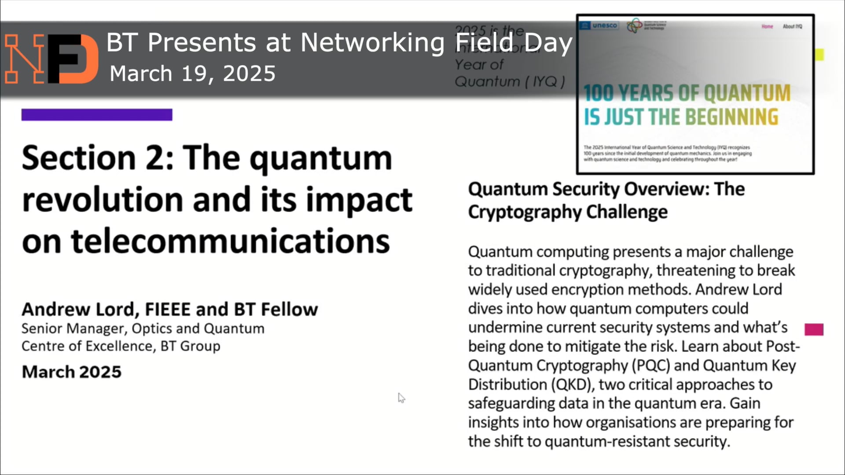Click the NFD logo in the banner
coord(51,58)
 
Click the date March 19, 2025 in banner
coord(192,73)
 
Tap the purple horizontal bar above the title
coord(97,115)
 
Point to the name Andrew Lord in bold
coord(77,310)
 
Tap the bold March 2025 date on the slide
coord(72,372)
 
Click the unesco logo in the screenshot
coord(599,26)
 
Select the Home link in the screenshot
coord(767,26)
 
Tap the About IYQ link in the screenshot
coord(792,26)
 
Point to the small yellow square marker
coord(819,55)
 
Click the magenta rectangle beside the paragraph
coord(814,329)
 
